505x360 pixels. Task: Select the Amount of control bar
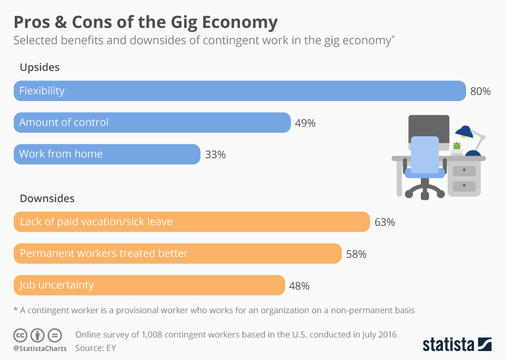point(152,122)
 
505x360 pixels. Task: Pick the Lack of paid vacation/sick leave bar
point(191,222)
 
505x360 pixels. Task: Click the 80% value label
point(480,91)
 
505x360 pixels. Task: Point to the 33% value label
point(215,154)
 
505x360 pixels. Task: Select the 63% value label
point(385,222)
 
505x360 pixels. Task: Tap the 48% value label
point(299,286)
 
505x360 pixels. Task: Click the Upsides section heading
point(39,67)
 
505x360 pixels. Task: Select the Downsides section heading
point(47,198)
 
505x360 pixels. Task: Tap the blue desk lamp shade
point(464,131)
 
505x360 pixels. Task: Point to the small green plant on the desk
point(457,146)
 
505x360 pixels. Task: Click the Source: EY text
point(95,347)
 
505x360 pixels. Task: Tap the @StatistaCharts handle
point(40,348)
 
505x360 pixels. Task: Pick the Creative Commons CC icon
point(21,335)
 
